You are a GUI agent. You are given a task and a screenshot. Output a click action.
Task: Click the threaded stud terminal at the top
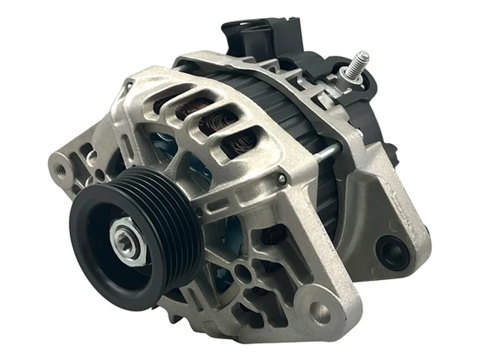(359, 62)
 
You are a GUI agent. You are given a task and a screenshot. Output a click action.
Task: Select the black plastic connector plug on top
(262, 33)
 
